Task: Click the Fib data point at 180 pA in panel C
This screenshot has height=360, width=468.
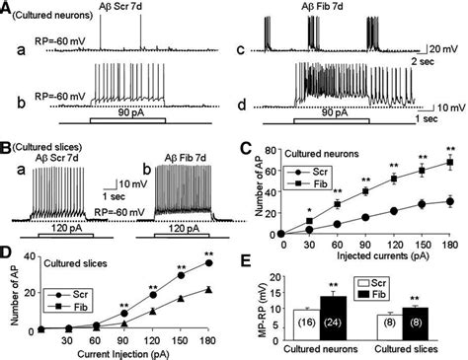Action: pos(450,162)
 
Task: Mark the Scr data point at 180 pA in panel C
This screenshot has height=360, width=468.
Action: pos(450,201)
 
